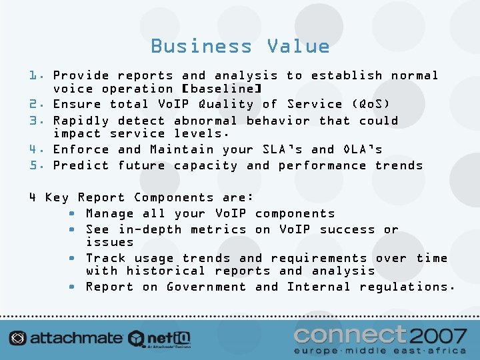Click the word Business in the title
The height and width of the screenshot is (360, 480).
(201, 46)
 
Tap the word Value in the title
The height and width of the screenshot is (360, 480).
(298, 46)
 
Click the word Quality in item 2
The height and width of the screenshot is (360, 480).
(226, 104)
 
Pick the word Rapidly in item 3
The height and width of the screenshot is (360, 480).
(81, 121)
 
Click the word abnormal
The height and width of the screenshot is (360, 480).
(205, 121)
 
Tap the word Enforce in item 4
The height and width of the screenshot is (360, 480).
(81, 149)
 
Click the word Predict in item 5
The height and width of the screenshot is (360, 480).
(81, 165)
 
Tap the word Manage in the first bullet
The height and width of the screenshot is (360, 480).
(110, 213)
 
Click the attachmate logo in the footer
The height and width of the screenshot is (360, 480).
(67, 338)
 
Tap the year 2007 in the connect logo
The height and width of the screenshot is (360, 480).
(438, 334)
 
